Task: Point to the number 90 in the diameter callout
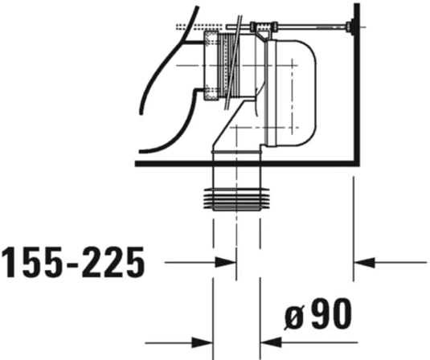(x=331, y=316)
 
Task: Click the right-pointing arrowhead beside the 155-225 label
(x=226, y=261)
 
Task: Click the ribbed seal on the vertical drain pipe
(x=236, y=198)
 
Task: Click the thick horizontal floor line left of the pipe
(x=169, y=163)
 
